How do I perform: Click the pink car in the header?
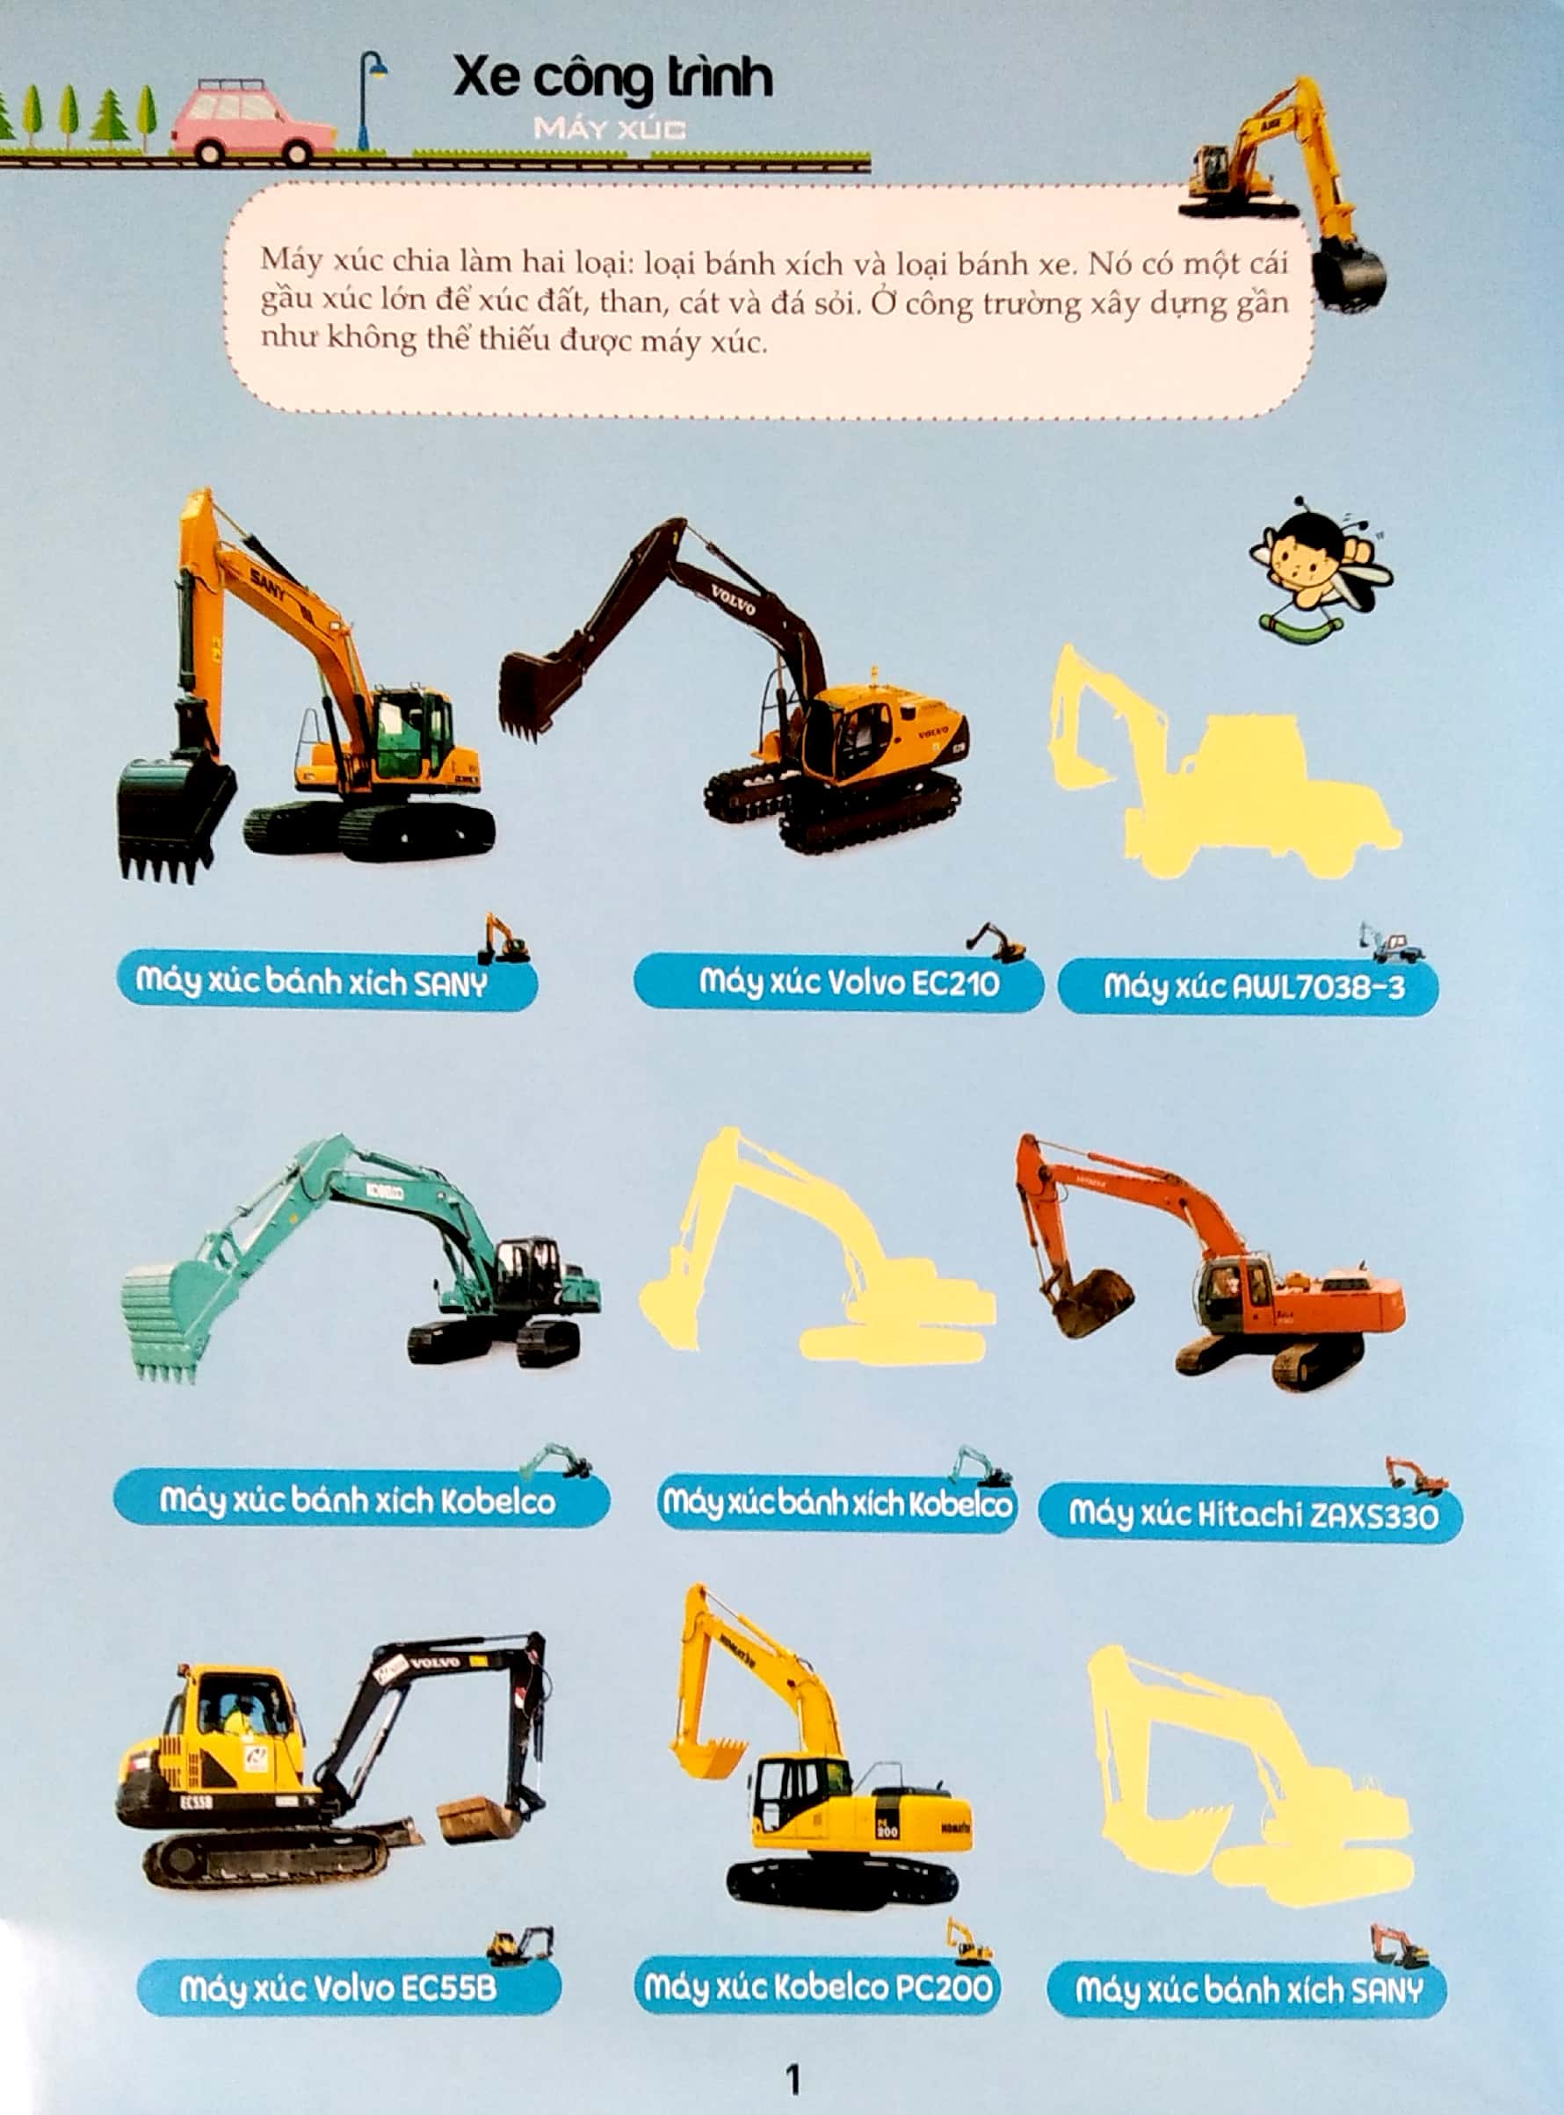click(252, 123)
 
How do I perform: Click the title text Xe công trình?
click(612, 77)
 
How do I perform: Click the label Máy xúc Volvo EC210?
click(839, 983)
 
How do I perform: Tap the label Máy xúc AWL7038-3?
click(1247, 988)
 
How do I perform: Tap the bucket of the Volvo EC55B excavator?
click(479, 1818)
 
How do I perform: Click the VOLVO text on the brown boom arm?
click(733, 600)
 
